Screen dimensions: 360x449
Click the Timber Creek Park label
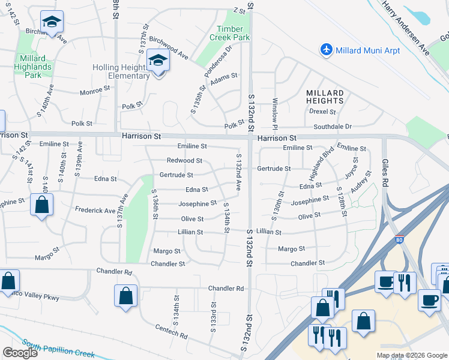point(226,33)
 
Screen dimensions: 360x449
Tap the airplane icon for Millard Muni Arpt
point(327,49)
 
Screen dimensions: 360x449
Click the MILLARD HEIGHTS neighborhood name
point(325,97)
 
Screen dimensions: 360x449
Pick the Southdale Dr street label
point(332,127)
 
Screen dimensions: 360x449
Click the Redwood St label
point(184,161)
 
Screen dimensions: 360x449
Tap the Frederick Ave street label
point(95,211)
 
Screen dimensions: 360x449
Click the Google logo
point(20,353)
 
